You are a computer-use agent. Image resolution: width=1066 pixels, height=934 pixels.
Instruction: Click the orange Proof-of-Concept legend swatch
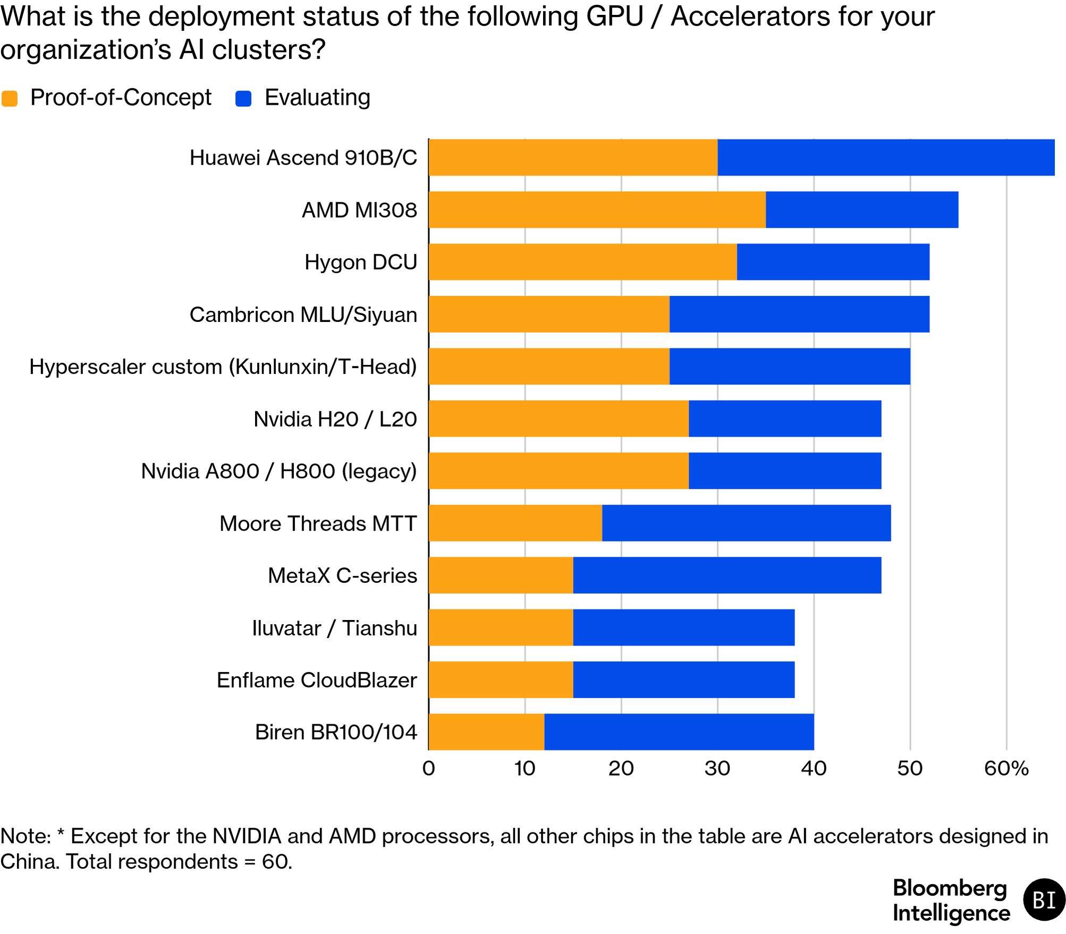pos(10,98)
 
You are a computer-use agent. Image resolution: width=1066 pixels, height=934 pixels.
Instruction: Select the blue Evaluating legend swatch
pos(243,98)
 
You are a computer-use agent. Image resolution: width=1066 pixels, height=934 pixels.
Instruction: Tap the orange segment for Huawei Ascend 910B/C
pos(573,157)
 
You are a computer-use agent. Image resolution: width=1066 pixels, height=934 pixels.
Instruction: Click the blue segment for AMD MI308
pos(862,210)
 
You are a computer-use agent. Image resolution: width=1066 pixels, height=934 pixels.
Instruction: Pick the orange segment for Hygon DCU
pos(583,262)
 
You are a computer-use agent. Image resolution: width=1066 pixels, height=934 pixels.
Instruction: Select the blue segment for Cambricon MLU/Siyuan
pos(799,314)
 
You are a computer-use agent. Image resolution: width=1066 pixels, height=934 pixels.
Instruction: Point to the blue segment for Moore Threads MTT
pos(747,523)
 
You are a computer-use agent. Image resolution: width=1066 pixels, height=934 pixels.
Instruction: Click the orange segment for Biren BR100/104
pos(487,732)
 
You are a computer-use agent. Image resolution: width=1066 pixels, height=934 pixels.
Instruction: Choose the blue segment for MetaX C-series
pos(727,575)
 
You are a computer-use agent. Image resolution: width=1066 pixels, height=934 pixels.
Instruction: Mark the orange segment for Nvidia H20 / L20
pos(559,419)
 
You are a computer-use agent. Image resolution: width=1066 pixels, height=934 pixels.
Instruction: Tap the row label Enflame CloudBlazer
pos(317,680)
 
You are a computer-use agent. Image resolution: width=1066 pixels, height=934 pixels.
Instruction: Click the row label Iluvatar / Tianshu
pos(335,628)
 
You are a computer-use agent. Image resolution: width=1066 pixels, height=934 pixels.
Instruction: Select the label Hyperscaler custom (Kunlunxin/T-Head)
pos(223,367)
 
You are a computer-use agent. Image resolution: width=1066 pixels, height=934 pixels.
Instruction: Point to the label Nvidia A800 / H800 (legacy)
pos(279,471)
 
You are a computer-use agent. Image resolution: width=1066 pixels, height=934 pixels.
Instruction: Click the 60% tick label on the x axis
pos(1006,768)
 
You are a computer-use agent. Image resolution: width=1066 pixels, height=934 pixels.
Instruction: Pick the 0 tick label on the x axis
pos(429,768)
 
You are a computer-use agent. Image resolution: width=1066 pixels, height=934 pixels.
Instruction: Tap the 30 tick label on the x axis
pos(717,768)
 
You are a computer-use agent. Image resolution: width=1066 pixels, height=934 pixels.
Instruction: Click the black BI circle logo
pos(1044,900)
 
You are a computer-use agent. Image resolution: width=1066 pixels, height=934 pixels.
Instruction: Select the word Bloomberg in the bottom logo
pos(950,889)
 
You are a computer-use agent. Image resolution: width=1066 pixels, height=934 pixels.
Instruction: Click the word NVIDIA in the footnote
pos(247,836)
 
